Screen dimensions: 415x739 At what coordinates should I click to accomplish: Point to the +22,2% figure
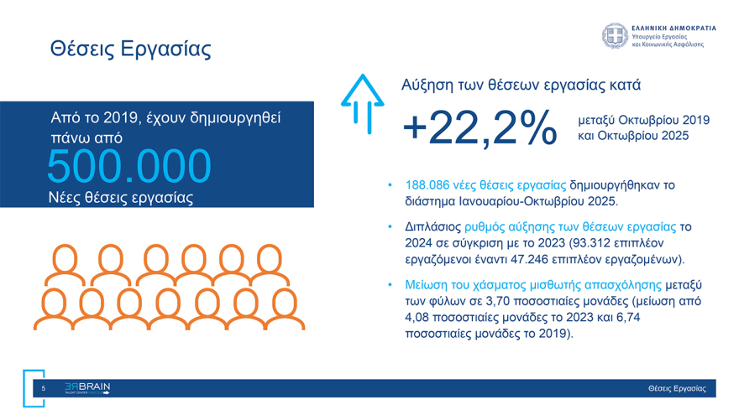[x=480, y=128]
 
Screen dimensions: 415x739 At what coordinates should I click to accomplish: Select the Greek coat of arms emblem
[x=614, y=35]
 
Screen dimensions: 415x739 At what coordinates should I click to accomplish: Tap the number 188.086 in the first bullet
[x=428, y=184]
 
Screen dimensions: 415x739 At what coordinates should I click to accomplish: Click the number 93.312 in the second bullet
[x=590, y=242]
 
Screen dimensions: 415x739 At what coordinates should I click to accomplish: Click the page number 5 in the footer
[x=43, y=388]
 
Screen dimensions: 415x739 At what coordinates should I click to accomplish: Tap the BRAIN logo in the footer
[x=87, y=388]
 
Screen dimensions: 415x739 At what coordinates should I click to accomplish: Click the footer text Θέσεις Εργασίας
[x=677, y=389]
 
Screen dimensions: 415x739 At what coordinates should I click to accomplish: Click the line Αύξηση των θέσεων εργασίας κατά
[x=521, y=85]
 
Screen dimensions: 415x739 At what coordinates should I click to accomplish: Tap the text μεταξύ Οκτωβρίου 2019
[x=643, y=120]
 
